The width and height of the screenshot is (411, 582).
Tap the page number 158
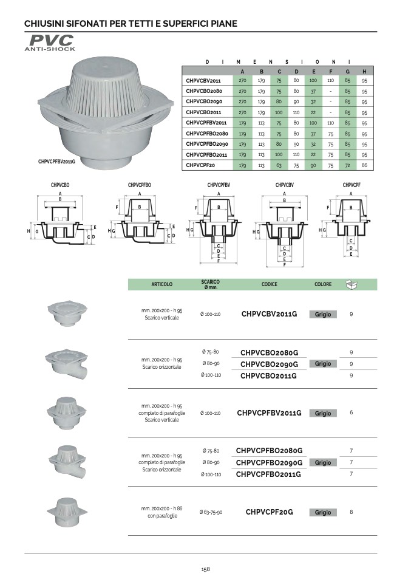205,569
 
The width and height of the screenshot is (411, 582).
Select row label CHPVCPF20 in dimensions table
200,165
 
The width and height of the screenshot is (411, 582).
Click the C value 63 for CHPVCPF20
279,165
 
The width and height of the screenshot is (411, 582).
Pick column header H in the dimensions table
365,71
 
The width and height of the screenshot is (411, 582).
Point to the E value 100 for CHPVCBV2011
313,81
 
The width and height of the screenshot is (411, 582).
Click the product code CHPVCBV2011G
270,314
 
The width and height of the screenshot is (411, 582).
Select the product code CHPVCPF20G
270,512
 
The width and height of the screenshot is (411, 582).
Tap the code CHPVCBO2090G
270,364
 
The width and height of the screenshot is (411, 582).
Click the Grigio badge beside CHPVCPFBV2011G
323,413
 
